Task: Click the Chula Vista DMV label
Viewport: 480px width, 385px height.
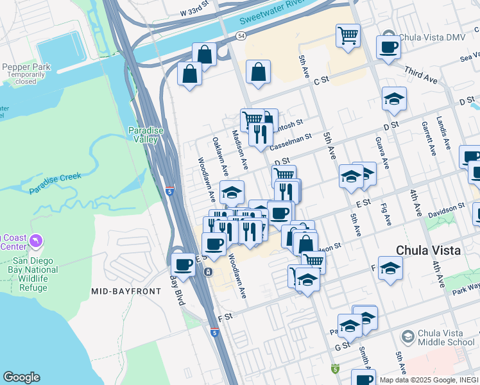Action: pyautogui.click(x=429, y=37)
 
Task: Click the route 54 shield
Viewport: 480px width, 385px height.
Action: pyautogui.click(x=240, y=37)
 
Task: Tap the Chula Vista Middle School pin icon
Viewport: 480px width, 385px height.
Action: pyautogui.click(x=407, y=336)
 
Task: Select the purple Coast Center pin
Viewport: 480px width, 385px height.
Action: pyautogui.click(x=36, y=242)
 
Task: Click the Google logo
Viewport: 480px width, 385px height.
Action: pyautogui.click(x=21, y=377)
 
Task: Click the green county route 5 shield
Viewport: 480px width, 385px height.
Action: pyautogui.click(x=334, y=369)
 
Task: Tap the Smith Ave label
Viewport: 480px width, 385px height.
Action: pyautogui.click(x=364, y=356)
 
